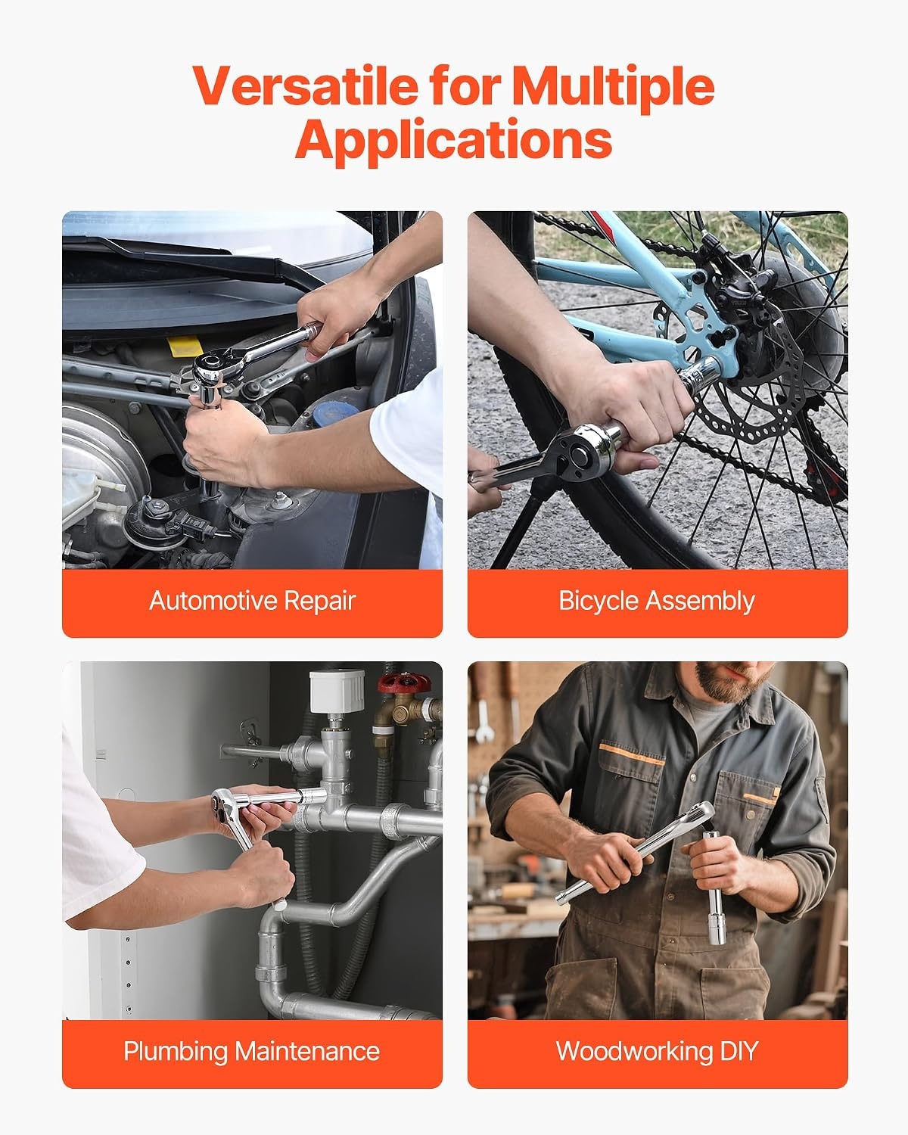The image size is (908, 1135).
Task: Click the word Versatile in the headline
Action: [x=306, y=86]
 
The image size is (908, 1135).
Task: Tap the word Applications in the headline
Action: [x=454, y=140]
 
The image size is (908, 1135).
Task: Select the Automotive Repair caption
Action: [x=252, y=601]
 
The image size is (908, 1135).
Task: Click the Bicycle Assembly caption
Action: [x=657, y=602]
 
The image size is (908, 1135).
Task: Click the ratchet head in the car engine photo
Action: [x=213, y=366]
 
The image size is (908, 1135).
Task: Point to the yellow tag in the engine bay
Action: [x=185, y=346]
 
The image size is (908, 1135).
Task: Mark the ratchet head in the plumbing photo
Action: [x=227, y=807]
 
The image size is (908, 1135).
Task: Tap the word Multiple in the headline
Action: [x=613, y=87]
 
